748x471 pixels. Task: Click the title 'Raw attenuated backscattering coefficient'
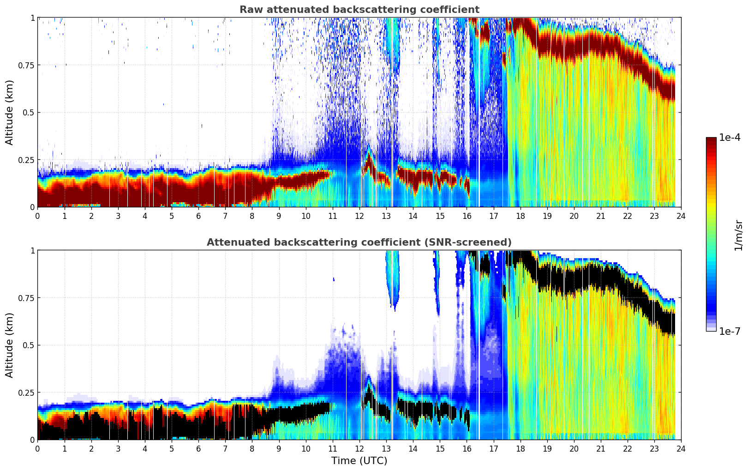(x=359, y=10)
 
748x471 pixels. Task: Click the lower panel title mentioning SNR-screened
(x=359, y=242)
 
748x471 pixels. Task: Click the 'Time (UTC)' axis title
(x=359, y=461)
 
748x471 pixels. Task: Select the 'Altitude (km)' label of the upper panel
(x=10, y=112)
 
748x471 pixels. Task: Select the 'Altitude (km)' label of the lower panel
(x=10, y=345)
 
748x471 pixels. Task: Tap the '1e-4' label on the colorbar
(x=730, y=138)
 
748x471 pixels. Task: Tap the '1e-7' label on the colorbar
(x=730, y=331)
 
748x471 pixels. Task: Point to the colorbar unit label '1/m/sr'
(x=738, y=235)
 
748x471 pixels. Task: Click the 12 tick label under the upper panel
(x=359, y=216)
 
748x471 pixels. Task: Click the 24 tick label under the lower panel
(x=681, y=449)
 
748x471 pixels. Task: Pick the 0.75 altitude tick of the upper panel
(x=26, y=65)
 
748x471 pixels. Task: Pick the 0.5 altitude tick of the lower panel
(x=29, y=345)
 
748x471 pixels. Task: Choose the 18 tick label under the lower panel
(x=520, y=449)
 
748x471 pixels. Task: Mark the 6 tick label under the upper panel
(x=198, y=216)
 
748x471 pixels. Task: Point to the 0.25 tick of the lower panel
(x=26, y=392)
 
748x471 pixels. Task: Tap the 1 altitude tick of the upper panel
(x=32, y=18)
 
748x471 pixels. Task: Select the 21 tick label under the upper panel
(x=601, y=216)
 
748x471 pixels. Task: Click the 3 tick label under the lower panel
(x=118, y=449)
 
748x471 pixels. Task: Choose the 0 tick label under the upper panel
(x=38, y=216)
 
